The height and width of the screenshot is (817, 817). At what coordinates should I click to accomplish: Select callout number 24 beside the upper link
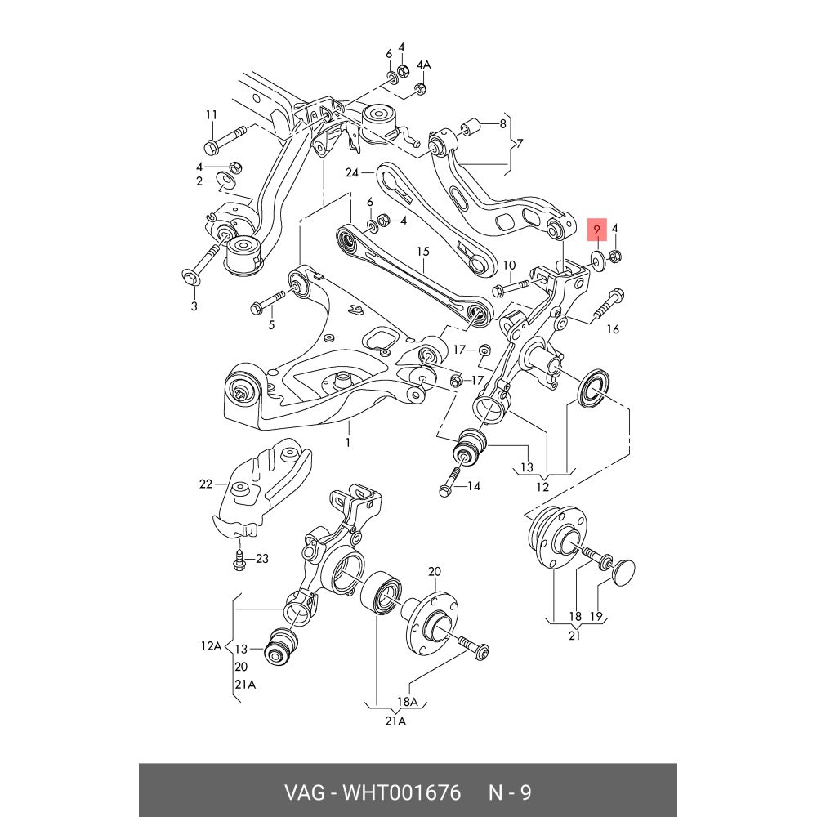pyautogui.click(x=352, y=172)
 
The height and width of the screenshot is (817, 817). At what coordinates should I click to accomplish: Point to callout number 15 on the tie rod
pyautogui.click(x=422, y=252)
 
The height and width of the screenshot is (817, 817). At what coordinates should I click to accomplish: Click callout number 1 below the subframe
pyautogui.click(x=347, y=443)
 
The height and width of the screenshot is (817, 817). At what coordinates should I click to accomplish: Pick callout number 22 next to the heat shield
pyautogui.click(x=205, y=484)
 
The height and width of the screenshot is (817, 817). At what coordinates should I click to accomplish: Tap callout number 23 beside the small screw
pyautogui.click(x=261, y=559)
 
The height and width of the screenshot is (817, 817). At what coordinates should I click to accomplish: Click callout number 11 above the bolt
pyautogui.click(x=212, y=114)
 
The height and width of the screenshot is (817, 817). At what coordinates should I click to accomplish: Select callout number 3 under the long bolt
pyautogui.click(x=194, y=306)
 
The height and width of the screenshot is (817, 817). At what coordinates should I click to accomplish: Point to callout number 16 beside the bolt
pyautogui.click(x=613, y=329)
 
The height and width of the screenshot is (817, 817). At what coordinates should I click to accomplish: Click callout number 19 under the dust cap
pyautogui.click(x=596, y=615)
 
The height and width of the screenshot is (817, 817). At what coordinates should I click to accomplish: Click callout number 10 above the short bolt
pyautogui.click(x=509, y=265)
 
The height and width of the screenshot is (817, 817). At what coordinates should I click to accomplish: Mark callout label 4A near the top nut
pyautogui.click(x=423, y=64)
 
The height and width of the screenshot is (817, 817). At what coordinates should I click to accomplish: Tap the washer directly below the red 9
pyautogui.click(x=597, y=259)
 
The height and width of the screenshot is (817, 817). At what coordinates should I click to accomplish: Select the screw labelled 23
pyautogui.click(x=239, y=560)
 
